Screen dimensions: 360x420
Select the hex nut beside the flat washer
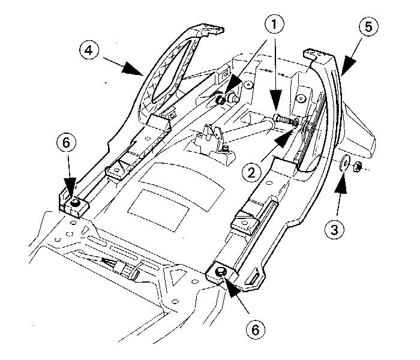pos(356,166)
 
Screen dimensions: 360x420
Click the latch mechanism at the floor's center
pos(211,138)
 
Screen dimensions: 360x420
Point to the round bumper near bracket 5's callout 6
pos(220,272)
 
